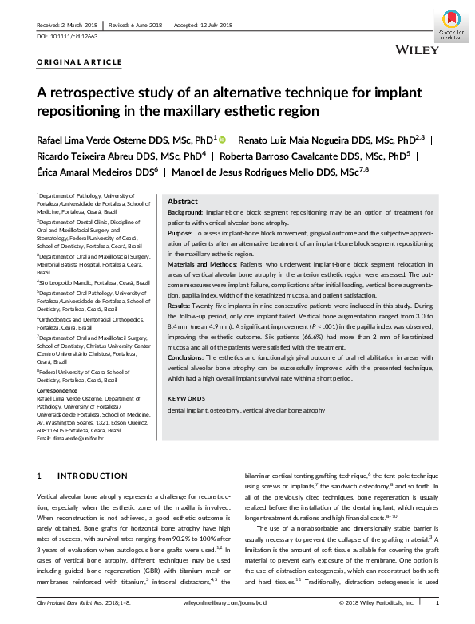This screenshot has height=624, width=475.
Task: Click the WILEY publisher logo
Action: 415,49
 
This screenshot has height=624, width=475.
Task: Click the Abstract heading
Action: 182,202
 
